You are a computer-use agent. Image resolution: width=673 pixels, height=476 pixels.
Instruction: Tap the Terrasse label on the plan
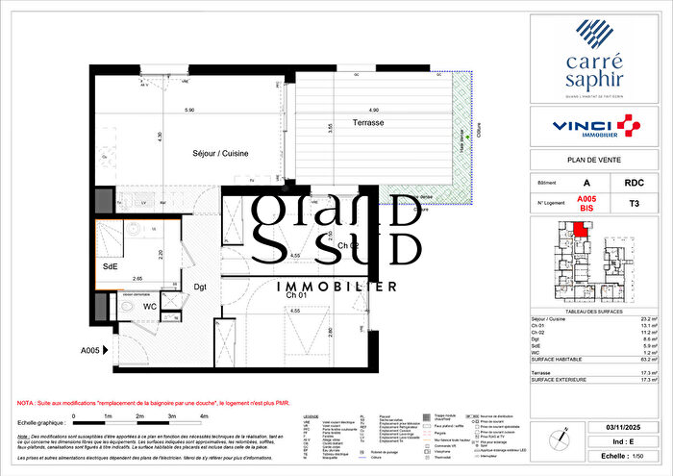tap(368, 123)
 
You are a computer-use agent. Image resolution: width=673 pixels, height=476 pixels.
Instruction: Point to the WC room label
tap(149, 306)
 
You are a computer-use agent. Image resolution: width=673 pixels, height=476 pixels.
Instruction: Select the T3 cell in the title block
tap(633, 203)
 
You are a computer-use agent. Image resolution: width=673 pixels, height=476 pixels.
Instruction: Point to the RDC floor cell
tap(633, 182)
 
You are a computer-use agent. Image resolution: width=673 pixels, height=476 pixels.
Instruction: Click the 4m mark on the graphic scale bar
tap(204, 416)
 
